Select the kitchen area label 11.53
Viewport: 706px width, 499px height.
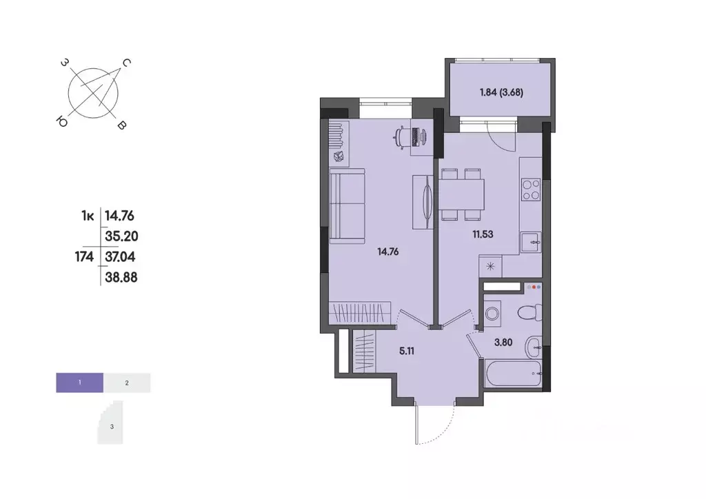click(x=482, y=234)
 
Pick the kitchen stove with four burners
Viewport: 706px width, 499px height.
click(x=531, y=190)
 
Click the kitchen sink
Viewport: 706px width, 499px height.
click(x=531, y=241)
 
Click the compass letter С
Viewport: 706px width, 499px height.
click(x=126, y=63)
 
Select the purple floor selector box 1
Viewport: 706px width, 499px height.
click(x=80, y=382)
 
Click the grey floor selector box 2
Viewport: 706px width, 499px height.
click(x=127, y=382)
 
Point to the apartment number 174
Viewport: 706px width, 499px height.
click(x=85, y=256)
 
